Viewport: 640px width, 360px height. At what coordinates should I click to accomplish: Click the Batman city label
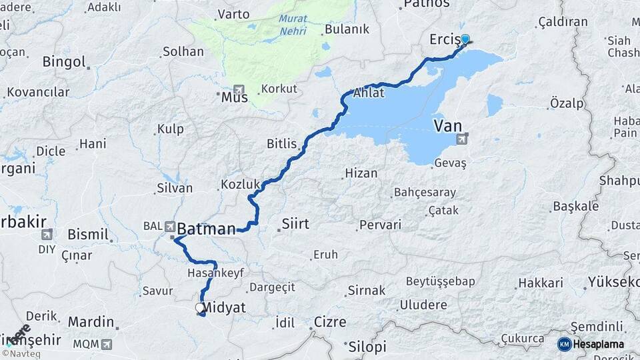coord(205,229)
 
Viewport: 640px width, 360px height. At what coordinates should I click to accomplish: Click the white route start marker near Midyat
coord(199,308)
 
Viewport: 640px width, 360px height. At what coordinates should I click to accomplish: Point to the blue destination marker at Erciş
coord(465,39)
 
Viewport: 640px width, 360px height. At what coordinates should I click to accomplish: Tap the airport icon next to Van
coord(462,139)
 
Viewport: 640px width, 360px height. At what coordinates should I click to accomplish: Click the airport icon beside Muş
coord(239,90)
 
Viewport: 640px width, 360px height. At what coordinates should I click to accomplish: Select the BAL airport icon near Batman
coord(169,226)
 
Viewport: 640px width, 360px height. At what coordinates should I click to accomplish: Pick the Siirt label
coord(296,223)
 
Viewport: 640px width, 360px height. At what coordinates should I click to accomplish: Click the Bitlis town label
coord(281,143)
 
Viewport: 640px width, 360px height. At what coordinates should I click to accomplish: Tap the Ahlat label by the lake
coord(369,93)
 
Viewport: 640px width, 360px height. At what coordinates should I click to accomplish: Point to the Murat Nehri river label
coord(293,25)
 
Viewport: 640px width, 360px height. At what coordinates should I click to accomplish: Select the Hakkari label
coord(541,283)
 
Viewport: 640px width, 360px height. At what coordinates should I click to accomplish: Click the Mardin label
coord(91,322)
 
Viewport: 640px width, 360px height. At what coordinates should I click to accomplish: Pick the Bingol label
coord(64,62)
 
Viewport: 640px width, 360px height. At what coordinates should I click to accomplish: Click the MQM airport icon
coord(105,345)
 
